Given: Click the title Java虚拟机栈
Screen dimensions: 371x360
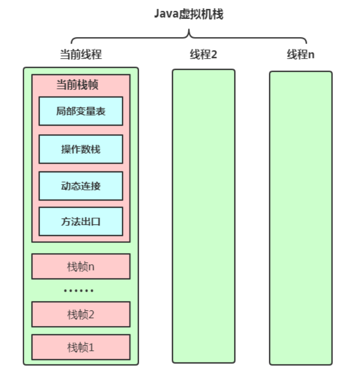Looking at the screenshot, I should tap(189, 14).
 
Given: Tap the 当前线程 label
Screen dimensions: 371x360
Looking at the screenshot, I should tap(81, 54).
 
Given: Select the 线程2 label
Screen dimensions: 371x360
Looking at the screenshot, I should tap(203, 54).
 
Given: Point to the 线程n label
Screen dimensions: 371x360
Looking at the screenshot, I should tap(300, 54).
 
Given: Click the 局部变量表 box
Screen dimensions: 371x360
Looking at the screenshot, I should tap(81, 111).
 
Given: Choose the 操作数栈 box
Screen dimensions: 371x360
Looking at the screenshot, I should tap(81, 149).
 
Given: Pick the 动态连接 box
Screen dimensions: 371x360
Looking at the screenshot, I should tap(81, 186).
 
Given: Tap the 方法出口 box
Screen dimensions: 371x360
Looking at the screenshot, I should tap(81, 221).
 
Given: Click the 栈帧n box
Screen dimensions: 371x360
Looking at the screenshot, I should tap(81, 266).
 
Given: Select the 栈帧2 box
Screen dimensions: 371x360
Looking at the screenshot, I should tap(81, 314).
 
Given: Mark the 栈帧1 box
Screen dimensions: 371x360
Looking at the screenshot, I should tap(81, 347).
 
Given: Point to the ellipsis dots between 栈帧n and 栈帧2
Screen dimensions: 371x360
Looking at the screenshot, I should tap(79, 291).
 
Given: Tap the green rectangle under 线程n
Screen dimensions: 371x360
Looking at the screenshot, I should tap(300, 218).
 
